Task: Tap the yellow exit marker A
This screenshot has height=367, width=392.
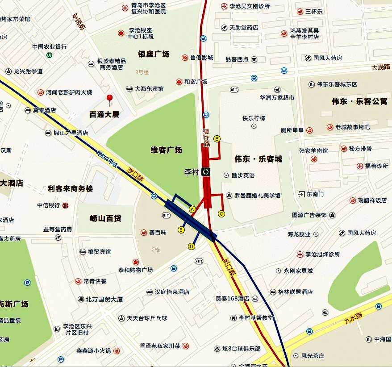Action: (x=192, y=209)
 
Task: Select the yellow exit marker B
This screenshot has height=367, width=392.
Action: (x=217, y=139)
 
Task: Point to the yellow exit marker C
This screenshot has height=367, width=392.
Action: (x=221, y=214)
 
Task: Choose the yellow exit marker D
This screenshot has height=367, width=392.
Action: (x=192, y=246)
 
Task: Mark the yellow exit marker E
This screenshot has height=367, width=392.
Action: (x=181, y=230)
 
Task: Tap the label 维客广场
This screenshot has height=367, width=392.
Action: (x=166, y=150)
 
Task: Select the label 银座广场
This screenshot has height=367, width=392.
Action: (x=154, y=54)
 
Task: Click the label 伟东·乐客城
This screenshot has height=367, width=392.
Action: (x=259, y=159)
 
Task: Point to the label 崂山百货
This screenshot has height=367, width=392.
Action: (x=105, y=218)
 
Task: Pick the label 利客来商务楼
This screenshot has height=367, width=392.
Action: (x=71, y=188)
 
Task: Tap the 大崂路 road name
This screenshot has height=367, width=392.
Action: (x=381, y=67)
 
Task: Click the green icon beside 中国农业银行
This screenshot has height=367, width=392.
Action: (x=49, y=55)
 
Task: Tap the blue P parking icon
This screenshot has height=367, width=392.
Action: (x=28, y=283)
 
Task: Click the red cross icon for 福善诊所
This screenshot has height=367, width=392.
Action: (x=360, y=166)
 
